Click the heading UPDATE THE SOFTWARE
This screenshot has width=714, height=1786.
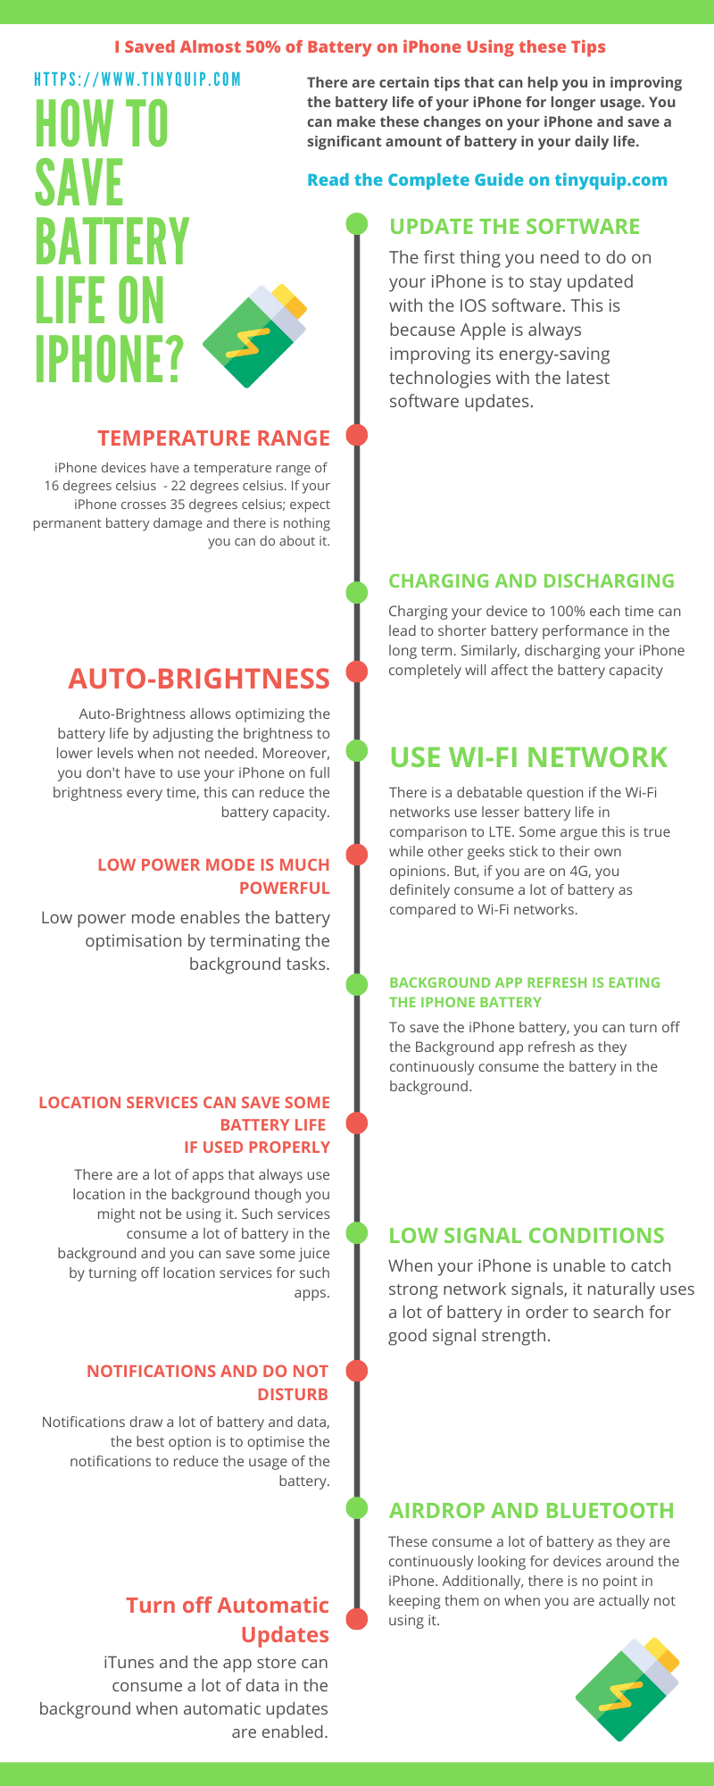(x=515, y=227)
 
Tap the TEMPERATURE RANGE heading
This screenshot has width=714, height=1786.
(x=214, y=438)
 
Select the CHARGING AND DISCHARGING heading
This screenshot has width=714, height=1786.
(x=532, y=581)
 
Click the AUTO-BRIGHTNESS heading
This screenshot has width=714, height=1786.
(x=199, y=679)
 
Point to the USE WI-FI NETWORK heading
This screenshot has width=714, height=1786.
(x=528, y=757)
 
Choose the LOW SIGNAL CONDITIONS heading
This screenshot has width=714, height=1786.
(x=527, y=1236)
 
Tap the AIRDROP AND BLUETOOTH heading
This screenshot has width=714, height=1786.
(x=532, y=1511)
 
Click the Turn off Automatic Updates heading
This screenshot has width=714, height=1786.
(x=228, y=1620)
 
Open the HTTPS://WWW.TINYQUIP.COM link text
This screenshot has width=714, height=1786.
(x=137, y=79)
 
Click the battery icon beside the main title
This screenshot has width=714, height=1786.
(x=255, y=335)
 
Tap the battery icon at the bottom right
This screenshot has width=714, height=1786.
(x=627, y=1690)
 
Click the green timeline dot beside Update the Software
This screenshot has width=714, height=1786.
(x=357, y=223)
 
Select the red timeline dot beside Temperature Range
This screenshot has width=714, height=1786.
(x=357, y=436)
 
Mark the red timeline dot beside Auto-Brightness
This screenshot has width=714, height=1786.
(x=357, y=672)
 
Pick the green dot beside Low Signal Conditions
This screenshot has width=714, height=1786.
(x=357, y=1233)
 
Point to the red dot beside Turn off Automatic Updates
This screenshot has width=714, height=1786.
(x=357, y=1618)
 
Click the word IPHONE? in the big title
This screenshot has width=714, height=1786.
(x=110, y=356)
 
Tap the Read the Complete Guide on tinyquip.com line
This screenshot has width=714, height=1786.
(x=487, y=180)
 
